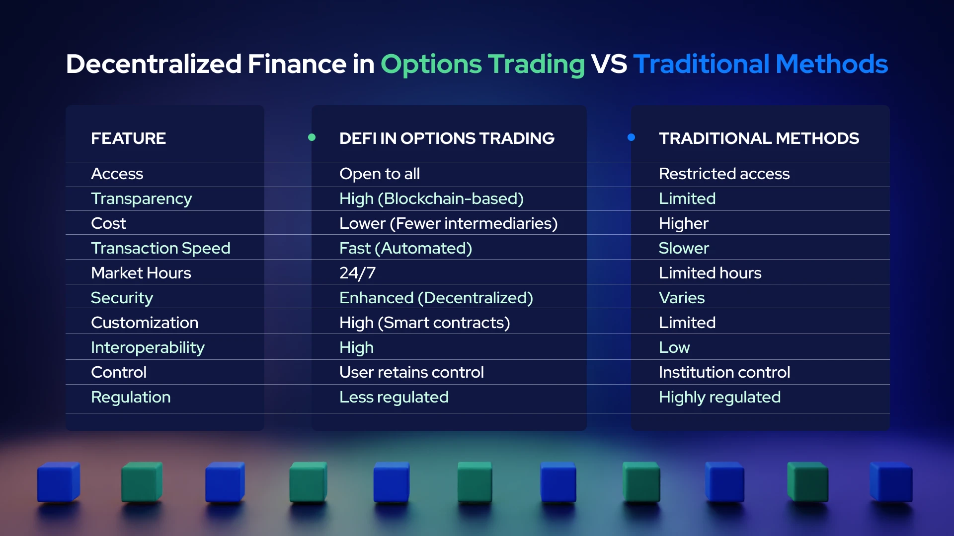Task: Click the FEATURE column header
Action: [128, 138]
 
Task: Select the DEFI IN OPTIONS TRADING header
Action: [446, 138]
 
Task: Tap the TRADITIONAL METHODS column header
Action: [758, 138]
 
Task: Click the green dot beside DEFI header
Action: [312, 137]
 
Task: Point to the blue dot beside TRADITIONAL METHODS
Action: [631, 137]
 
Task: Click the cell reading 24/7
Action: [357, 273]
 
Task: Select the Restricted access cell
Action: [723, 174]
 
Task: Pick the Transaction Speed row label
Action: [160, 248]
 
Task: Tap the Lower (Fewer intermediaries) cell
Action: [448, 223]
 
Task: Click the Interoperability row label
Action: [148, 347]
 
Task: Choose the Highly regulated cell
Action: [719, 397]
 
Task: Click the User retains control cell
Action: [411, 372]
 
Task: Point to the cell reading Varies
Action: [681, 298]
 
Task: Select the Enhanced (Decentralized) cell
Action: [436, 298]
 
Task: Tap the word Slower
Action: [683, 248]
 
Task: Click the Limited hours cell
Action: [710, 273]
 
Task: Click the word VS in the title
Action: [609, 64]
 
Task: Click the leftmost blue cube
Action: [58, 482]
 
